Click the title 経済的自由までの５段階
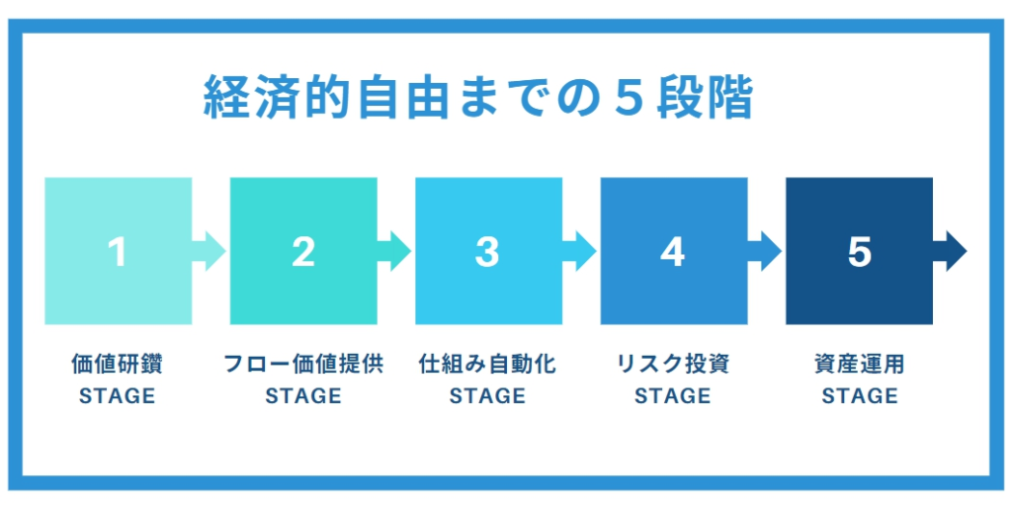pyautogui.click(x=478, y=98)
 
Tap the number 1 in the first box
pyautogui.click(x=117, y=252)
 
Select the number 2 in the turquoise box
pyautogui.click(x=302, y=252)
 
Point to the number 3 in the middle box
pyautogui.click(x=487, y=252)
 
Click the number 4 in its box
pyautogui.click(x=672, y=252)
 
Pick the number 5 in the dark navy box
pyautogui.click(x=859, y=252)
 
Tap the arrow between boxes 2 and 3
pyautogui.click(x=394, y=251)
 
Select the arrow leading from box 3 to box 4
pyautogui.click(x=579, y=251)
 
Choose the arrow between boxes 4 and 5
pyautogui.click(x=765, y=251)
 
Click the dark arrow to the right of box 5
pyautogui.click(x=950, y=251)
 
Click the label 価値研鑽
pyautogui.click(x=117, y=365)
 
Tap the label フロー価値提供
pyautogui.click(x=302, y=365)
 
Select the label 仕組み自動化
pyautogui.click(x=487, y=365)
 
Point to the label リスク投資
pyautogui.click(x=672, y=365)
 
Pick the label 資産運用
pyautogui.click(x=859, y=365)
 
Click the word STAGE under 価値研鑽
pyautogui.click(x=117, y=395)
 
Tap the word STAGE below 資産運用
pyautogui.click(x=859, y=395)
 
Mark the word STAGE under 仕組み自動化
pyautogui.click(x=487, y=395)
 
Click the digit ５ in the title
pyautogui.click(x=632, y=99)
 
